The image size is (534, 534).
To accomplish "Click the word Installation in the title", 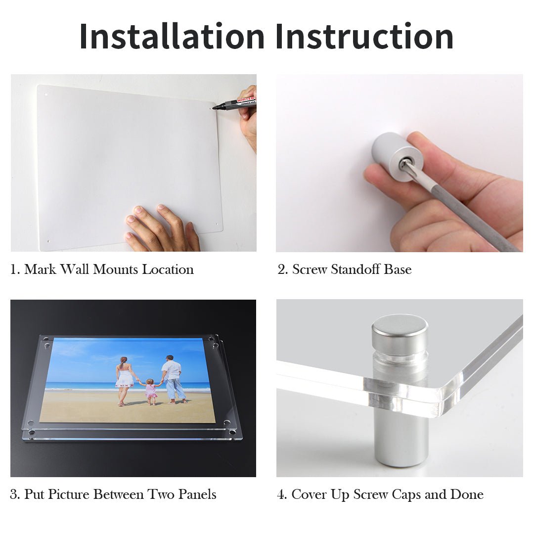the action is coord(172,36).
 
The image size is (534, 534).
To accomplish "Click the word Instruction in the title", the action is coord(364,36).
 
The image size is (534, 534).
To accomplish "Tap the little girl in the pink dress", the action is coord(150,392).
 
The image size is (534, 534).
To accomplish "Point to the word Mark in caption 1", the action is coord(40,269).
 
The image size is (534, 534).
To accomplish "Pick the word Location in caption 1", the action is coord(168,269).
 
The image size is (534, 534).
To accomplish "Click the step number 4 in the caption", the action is coord(282,494).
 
